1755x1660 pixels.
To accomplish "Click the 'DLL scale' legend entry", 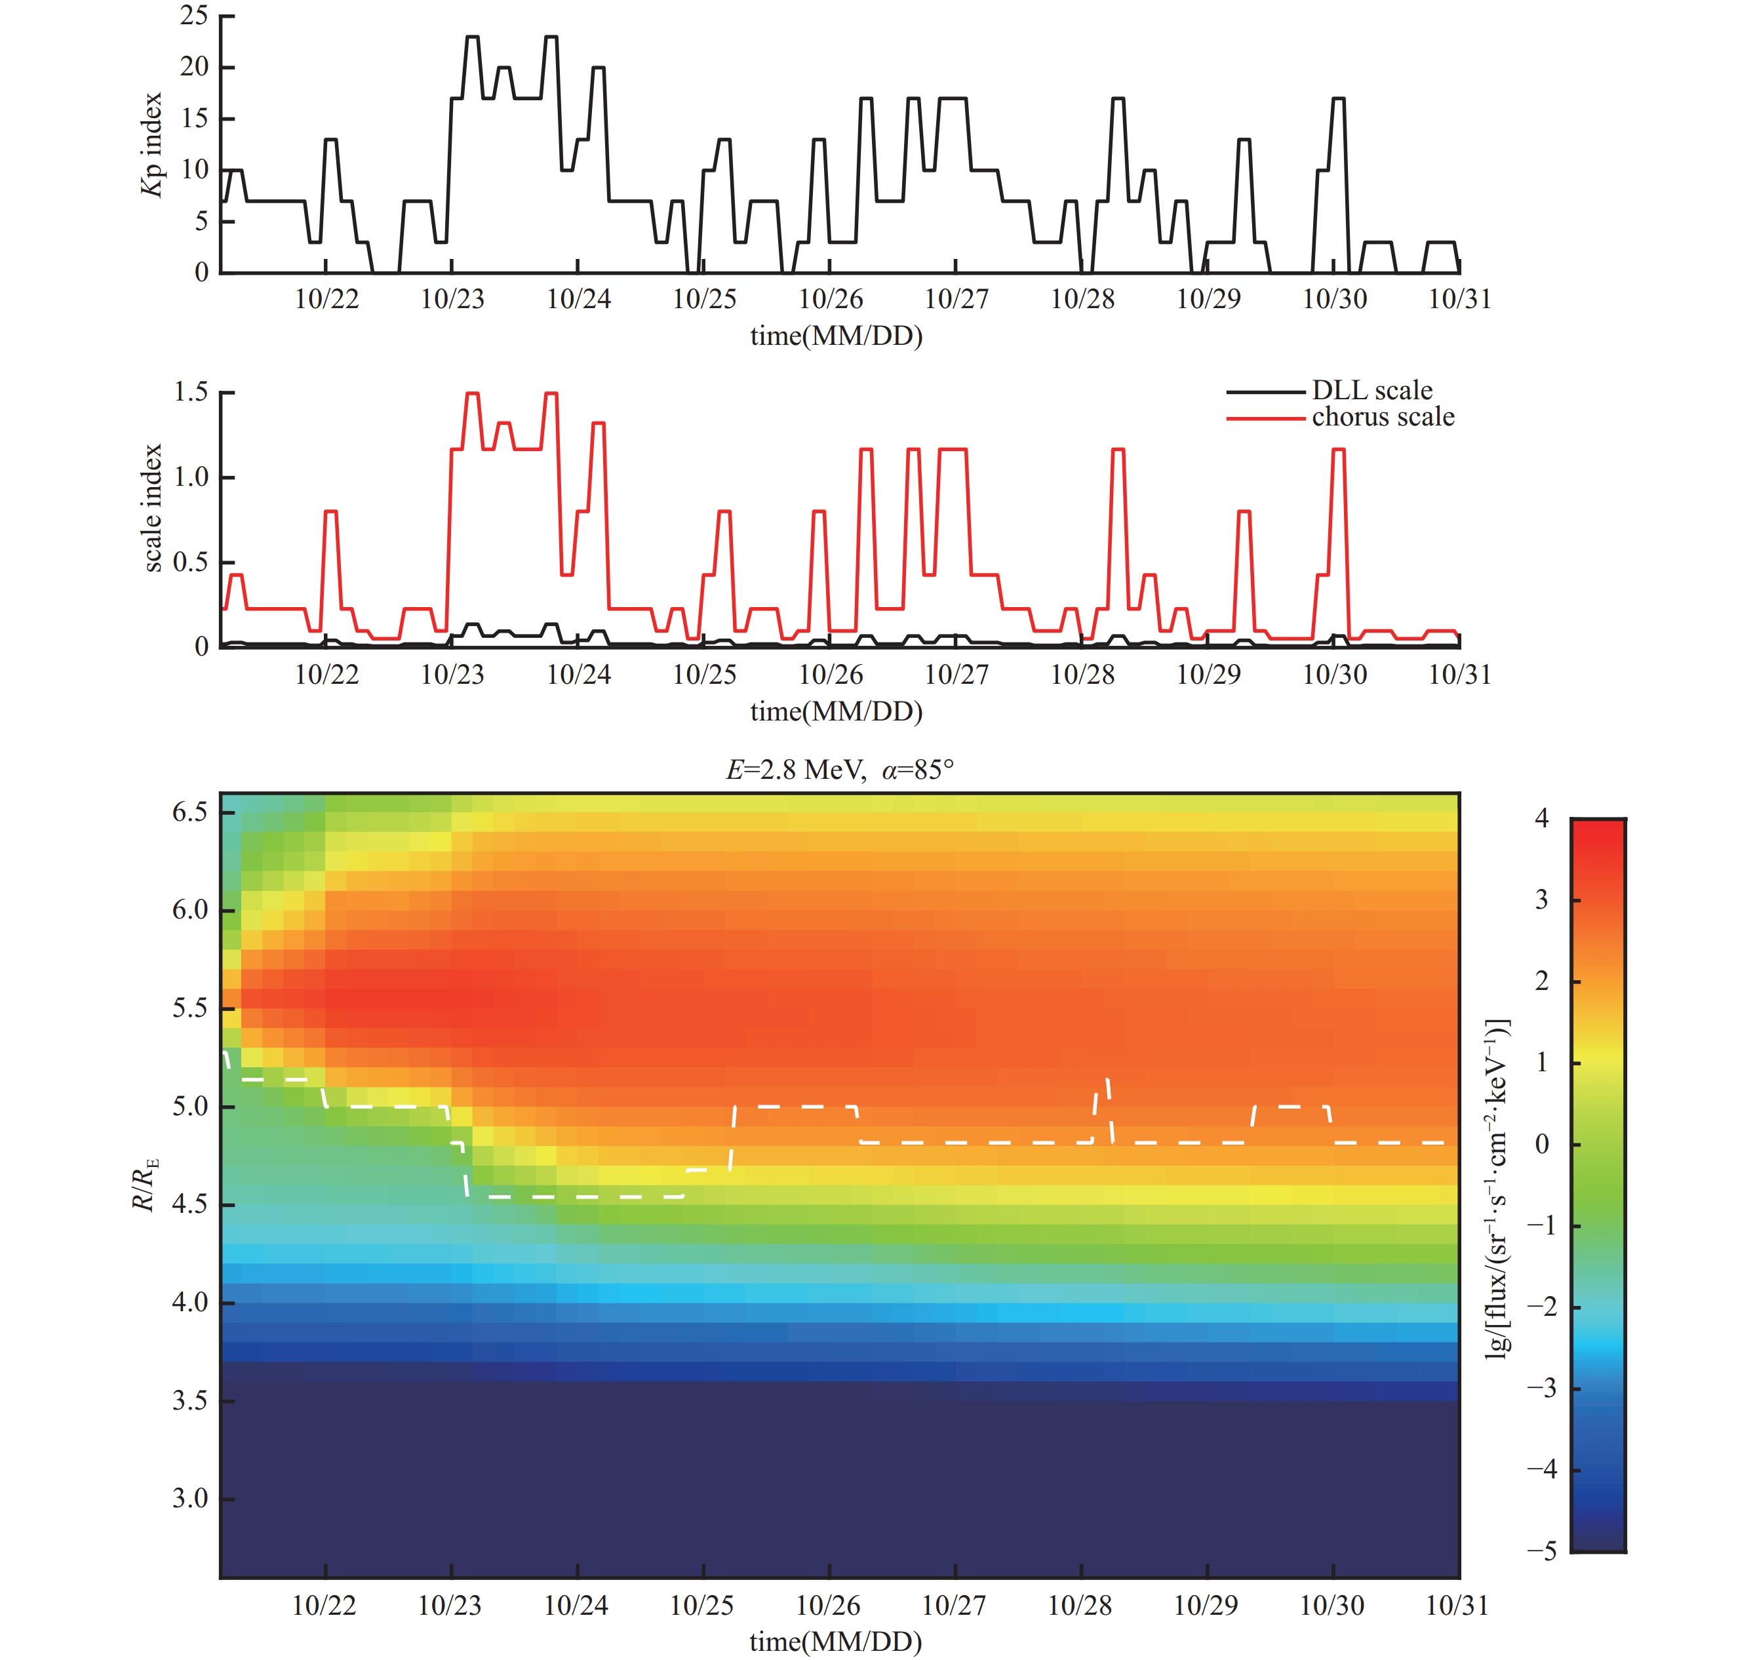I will point(1371,390).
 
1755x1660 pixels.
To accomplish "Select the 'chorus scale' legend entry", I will point(1383,417).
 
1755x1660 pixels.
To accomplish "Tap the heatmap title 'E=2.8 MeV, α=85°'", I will point(840,770).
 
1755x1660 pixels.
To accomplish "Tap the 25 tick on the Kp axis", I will point(194,15).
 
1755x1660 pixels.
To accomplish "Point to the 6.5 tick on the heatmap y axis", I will point(189,812).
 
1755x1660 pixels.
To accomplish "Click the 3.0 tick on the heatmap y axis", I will point(189,1498).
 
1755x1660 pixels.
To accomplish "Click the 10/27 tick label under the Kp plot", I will point(956,299).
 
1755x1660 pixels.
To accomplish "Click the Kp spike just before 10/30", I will point(1338,99).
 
